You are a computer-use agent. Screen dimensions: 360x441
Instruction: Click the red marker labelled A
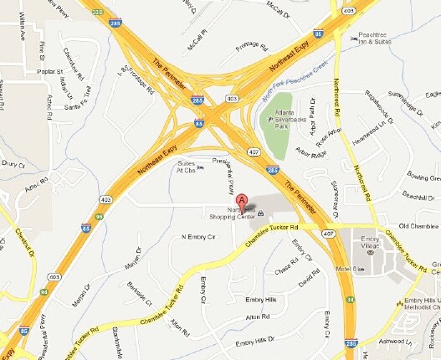[x=241, y=201]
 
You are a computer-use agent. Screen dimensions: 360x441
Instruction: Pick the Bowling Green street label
[x=423, y=177]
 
